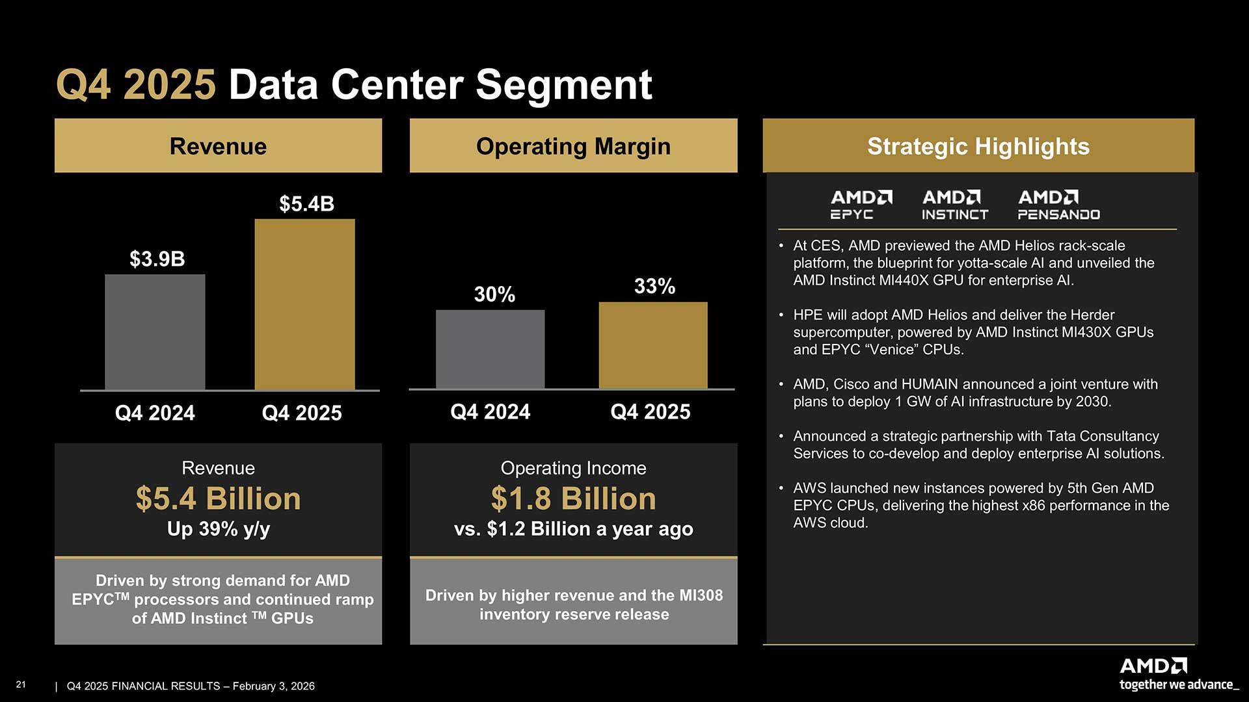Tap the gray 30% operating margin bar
click(490, 349)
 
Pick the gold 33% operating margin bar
click(652, 345)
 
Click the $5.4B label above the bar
click(306, 204)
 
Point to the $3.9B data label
click(157, 259)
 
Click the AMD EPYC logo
click(861, 205)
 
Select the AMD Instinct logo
click(954, 205)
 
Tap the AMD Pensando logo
click(1058, 205)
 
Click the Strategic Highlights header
click(978, 146)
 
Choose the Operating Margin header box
click(573, 146)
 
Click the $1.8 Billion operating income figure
click(573, 499)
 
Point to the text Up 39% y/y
click(218, 529)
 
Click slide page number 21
click(21, 684)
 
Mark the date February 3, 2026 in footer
click(273, 686)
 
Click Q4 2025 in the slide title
click(135, 85)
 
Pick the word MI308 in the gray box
click(701, 595)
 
